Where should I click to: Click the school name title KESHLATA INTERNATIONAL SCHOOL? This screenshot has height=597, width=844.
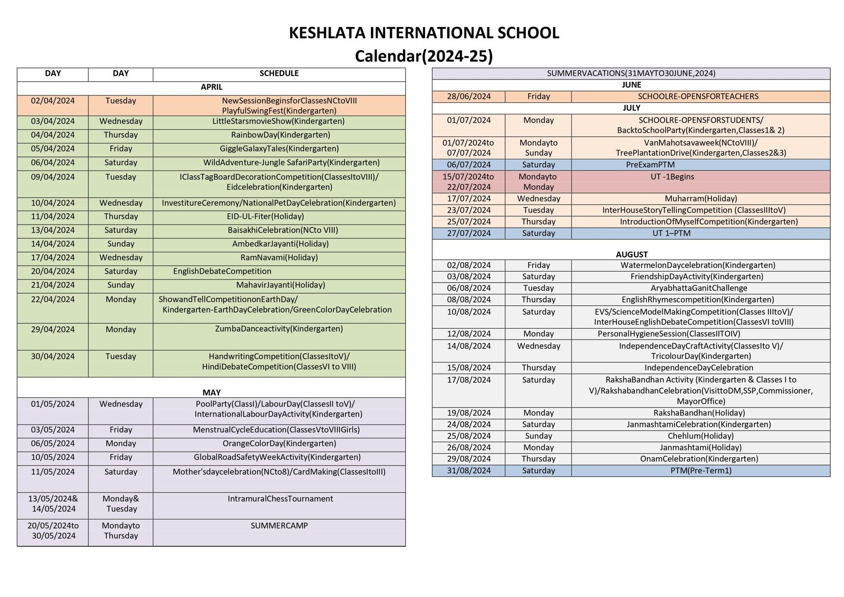(x=424, y=33)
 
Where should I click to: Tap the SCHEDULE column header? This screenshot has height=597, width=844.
(x=279, y=74)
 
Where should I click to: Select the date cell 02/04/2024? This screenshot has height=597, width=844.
(x=53, y=101)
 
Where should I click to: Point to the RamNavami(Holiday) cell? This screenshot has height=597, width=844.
(x=279, y=257)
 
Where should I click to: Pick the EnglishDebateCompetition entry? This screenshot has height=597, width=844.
(x=222, y=271)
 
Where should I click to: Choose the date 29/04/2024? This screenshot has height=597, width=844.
(x=53, y=330)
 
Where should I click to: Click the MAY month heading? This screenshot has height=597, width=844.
(x=212, y=392)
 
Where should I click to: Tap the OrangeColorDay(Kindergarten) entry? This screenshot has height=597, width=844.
(x=279, y=444)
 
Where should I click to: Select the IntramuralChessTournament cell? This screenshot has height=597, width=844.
(x=280, y=499)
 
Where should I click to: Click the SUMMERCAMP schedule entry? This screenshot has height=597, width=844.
(x=279, y=526)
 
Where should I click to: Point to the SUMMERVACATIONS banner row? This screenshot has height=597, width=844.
(x=631, y=73)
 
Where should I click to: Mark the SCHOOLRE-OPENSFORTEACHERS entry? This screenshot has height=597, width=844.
(x=698, y=97)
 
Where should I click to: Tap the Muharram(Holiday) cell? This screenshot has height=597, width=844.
(x=701, y=199)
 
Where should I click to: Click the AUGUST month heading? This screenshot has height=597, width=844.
(x=631, y=254)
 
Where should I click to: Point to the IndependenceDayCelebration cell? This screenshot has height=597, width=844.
(x=698, y=368)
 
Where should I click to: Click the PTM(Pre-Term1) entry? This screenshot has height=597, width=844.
(x=701, y=470)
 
